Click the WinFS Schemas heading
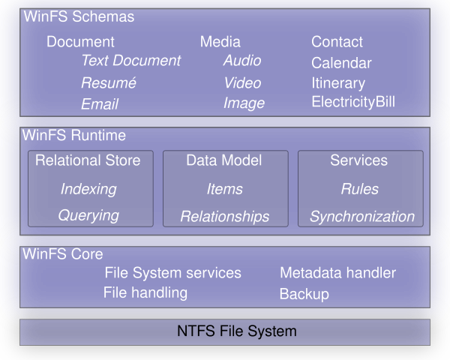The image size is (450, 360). click(x=79, y=16)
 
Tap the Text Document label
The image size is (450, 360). click(x=131, y=61)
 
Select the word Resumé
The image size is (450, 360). click(x=109, y=82)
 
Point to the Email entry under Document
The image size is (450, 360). click(x=100, y=104)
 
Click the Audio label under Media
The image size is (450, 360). click(x=243, y=61)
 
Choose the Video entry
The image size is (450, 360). click(x=242, y=82)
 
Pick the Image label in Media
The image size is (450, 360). click(x=244, y=103)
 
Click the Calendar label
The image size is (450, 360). click(x=341, y=63)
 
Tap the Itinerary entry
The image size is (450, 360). click(x=338, y=83)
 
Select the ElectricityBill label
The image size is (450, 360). click(x=353, y=102)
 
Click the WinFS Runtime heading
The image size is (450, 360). click(x=74, y=136)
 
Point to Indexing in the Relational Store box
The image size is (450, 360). click(x=88, y=189)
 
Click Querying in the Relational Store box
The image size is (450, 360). click(x=88, y=215)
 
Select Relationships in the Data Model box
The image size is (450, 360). click(x=224, y=217)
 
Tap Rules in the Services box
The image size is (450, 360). click(x=359, y=189)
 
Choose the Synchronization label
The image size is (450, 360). click(x=362, y=217)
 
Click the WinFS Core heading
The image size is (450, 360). click(x=63, y=254)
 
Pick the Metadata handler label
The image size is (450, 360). click(x=337, y=273)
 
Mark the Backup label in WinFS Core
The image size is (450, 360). click(x=304, y=294)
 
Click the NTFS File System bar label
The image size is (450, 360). click(x=237, y=331)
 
